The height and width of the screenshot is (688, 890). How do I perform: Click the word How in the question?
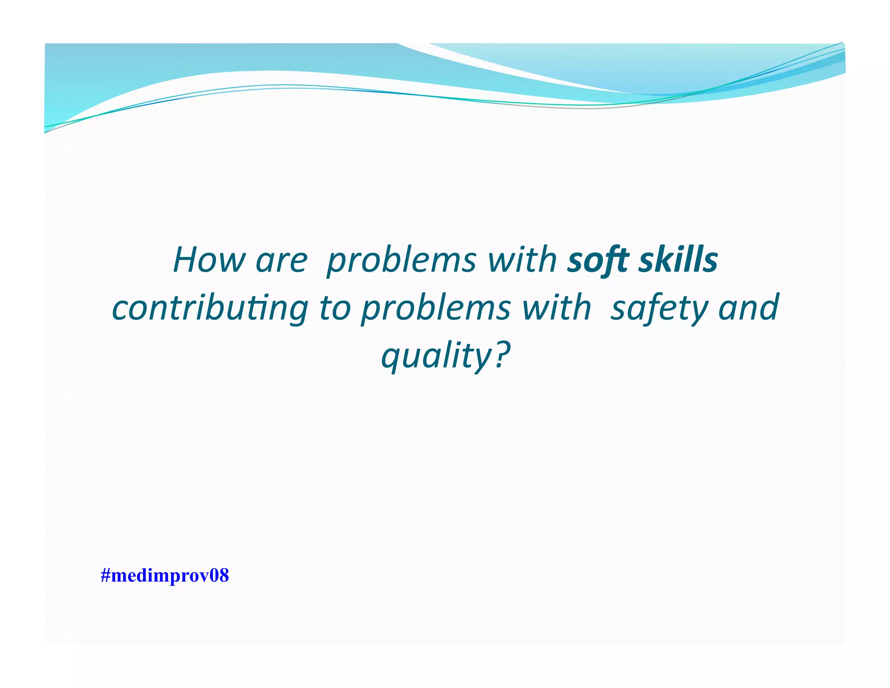(209, 260)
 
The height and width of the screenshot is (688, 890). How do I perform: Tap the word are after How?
(281, 261)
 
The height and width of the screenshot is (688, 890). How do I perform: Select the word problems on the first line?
(401, 261)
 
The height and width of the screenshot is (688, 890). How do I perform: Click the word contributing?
(210, 308)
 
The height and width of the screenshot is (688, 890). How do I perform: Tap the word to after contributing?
(335, 308)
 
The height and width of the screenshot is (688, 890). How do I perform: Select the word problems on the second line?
(436, 308)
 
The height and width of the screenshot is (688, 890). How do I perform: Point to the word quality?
(435, 356)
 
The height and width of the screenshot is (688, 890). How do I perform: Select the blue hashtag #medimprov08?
(165, 575)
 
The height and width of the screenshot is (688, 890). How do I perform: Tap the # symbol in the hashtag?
(105, 575)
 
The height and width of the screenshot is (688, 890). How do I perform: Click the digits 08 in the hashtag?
(219, 575)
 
